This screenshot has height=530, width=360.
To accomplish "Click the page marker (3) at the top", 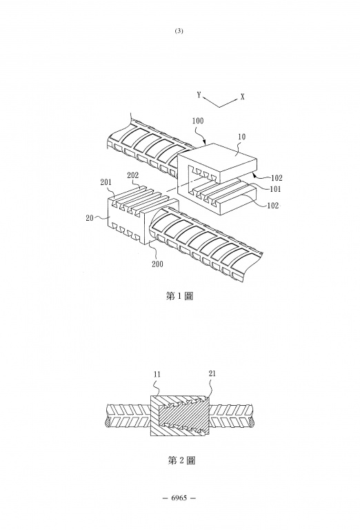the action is point(179,31).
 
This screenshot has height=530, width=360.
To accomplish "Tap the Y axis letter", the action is point(199,95).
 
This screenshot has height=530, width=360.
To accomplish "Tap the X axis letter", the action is point(243,97).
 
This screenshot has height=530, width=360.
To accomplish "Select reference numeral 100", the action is point(197,121).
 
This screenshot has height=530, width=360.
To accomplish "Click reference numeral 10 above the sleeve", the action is point(242,137).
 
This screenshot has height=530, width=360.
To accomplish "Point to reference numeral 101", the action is point(275,189).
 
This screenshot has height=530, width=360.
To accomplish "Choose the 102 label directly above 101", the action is point(277,178).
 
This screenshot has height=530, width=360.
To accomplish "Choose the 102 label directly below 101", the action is point(273,205).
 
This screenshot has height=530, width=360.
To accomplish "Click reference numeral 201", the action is point(106,182).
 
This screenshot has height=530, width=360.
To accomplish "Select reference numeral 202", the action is point(132,175).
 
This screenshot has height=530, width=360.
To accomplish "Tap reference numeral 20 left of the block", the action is point(90,218).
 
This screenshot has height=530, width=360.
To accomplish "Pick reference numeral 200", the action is point(157,264).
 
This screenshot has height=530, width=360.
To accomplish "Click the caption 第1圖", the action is point(179,296).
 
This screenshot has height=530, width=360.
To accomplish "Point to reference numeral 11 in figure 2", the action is point(157,375).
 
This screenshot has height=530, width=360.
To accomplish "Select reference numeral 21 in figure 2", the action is point(212,373).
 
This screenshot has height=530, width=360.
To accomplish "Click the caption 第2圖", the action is point(181,460).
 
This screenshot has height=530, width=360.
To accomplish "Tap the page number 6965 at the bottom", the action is point(179,498).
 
